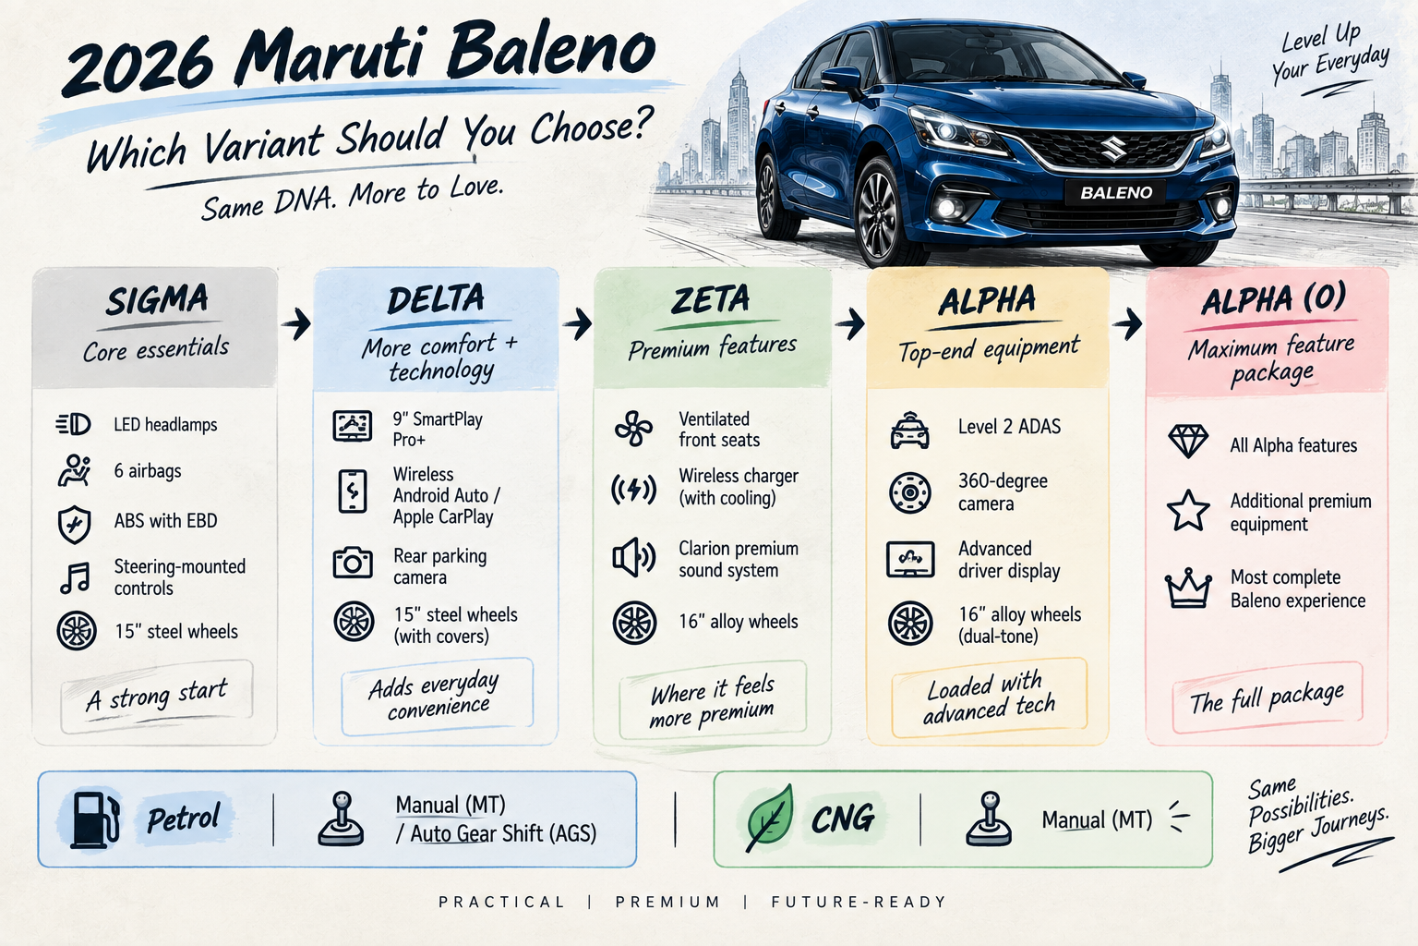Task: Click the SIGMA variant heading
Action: click(157, 300)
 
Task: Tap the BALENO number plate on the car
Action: click(1115, 193)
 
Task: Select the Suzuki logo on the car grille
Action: click(1112, 148)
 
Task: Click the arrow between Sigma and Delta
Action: click(296, 323)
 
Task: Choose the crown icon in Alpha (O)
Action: click(1188, 588)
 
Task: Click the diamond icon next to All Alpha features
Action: click(1188, 441)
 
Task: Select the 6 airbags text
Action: click(148, 471)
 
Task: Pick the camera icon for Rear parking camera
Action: click(353, 562)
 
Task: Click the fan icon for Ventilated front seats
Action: click(633, 429)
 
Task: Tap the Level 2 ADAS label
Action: click(1009, 427)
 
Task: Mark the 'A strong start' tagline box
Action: click(157, 696)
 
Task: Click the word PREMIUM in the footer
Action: click(667, 902)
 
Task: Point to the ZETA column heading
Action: click(710, 299)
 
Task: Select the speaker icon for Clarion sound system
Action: click(633, 558)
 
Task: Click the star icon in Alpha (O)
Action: click(1188, 511)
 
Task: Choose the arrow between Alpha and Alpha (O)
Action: click(1127, 323)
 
